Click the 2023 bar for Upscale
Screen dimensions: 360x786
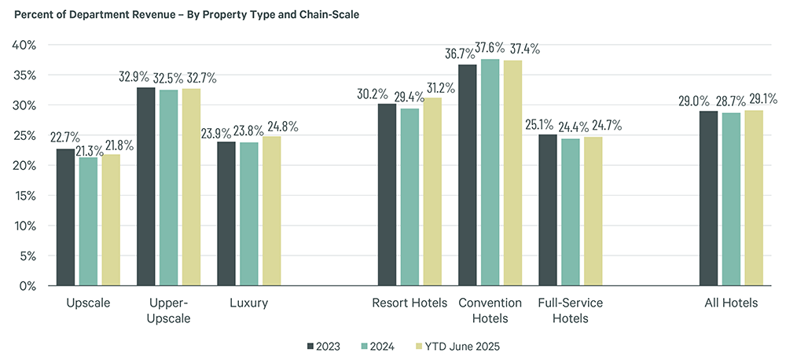tap(65, 217)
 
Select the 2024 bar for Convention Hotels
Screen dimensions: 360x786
tap(490, 172)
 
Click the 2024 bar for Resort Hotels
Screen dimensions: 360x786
tap(409, 197)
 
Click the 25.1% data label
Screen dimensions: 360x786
tap(542, 124)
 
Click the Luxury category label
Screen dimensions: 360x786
tap(249, 303)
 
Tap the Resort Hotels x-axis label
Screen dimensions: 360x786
tap(409, 303)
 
